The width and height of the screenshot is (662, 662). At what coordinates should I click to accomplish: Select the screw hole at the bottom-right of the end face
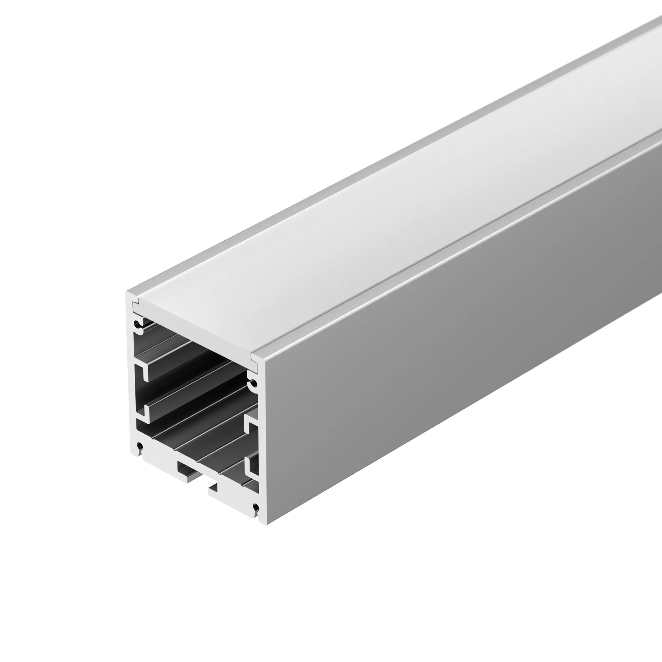pyautogui.click(x=255, y=507)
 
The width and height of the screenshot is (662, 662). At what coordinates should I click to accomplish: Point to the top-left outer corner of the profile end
pyautogui.click(x=127, y=292)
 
